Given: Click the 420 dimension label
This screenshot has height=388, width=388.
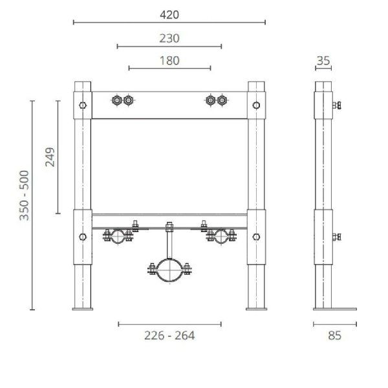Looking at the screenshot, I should [169, 14].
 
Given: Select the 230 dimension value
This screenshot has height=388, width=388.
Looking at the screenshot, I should [169, 38].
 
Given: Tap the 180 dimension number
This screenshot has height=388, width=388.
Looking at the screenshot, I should [169, 61].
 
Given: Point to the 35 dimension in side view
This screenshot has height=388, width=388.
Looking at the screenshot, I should [323, 61].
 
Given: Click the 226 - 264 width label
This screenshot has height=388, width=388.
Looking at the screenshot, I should [169, 335].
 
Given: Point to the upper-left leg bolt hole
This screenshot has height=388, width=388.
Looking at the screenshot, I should [82, 105].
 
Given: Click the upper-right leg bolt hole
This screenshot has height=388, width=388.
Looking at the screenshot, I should [256, 105].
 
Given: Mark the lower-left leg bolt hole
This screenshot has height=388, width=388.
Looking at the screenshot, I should [82, 236].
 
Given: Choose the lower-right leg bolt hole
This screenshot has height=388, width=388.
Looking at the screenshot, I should [256, 236].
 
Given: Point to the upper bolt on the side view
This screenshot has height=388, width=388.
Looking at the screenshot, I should [336, 105].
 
